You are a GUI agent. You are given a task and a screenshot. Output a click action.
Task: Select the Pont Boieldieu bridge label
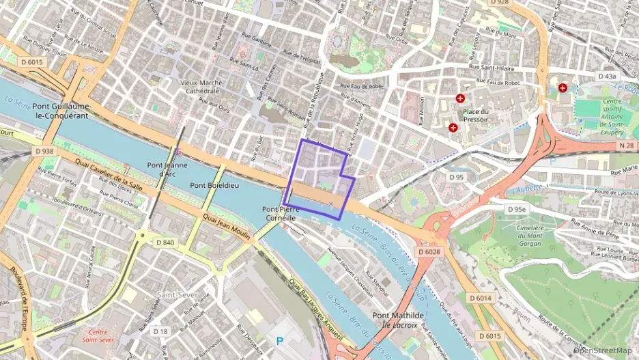point(214,185)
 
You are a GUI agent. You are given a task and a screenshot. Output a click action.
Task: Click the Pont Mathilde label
point(400,315)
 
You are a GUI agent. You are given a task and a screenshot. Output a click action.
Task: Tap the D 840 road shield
point(165,242)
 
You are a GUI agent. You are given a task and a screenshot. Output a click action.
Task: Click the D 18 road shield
point(160,331)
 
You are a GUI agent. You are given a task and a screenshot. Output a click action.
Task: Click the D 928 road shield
point(500,3)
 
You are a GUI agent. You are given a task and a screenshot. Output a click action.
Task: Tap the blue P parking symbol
point(279,340)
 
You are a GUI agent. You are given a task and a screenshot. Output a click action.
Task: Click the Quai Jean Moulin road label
point(227,225)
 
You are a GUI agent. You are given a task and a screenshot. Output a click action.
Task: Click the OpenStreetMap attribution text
point(606,350)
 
